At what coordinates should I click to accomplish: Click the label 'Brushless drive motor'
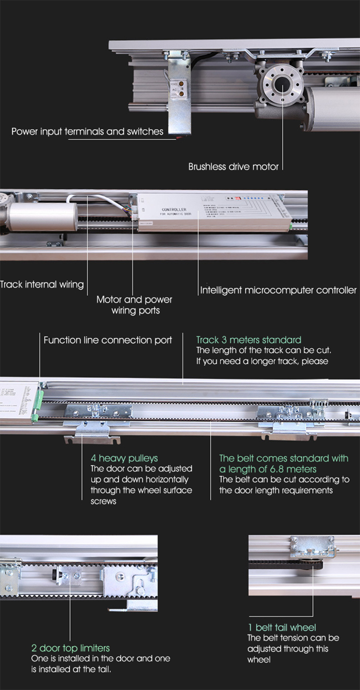pyautogui.click(x=233, y=167)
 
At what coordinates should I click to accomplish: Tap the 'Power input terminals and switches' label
pyautogui.click(x=87, y=131)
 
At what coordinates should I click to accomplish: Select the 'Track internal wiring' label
pyautogui.click(x=42, y=285)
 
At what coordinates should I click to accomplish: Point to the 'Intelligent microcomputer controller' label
pyautogui.click(x=278, y=290)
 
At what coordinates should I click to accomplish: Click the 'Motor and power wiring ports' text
pyautogui.click(x=134, y=305)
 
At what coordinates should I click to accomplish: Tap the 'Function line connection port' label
pyautogui.click(x=108, y=340)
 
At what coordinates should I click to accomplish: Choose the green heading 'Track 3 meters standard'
pyautogui.click(x=249, y=340)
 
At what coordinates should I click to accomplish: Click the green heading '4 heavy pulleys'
pyautogui.click(x=124, y=458)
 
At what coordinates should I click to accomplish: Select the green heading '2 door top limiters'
pyautogui.click(x=71, y=648)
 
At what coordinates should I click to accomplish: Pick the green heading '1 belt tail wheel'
pyautogui.click(x=282, y=627)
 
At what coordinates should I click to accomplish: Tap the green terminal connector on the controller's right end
pyautogui.click(x=291, y=224)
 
